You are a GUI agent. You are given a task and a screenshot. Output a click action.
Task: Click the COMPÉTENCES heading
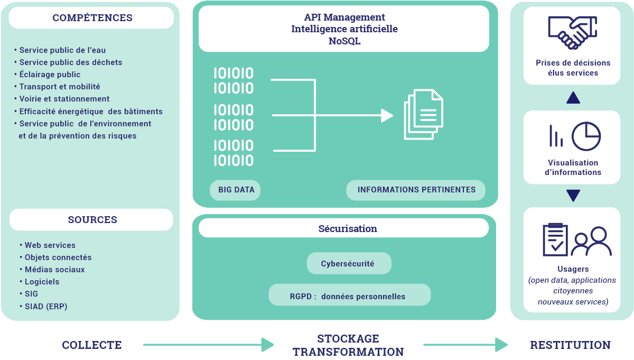[92, 18]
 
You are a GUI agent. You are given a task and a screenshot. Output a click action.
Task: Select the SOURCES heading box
[92, 220]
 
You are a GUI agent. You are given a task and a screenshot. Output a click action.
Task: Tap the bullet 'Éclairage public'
[50, 75]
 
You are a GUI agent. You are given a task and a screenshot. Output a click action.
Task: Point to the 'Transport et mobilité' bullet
[60, 87]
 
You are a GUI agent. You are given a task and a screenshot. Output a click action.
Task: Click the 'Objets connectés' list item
[58, 257]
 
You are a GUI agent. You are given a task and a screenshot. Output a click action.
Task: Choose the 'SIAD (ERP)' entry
[46, 307]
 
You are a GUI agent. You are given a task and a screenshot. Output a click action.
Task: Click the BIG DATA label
[236, 190]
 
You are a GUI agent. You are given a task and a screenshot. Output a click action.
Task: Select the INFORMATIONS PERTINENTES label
[416, 190]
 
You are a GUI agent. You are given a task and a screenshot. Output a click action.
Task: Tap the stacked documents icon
[423, 114]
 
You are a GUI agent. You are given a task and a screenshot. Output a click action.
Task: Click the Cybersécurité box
[348, 263]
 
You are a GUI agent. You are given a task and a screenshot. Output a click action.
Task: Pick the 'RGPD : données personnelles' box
[349, 296]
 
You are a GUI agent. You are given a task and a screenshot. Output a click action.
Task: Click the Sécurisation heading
[348, 229]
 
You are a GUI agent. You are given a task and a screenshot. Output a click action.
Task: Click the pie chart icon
[586, 136]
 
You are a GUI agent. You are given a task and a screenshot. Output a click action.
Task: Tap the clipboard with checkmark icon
[555, 239]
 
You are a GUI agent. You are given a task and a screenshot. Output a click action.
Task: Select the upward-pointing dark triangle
[573, 98]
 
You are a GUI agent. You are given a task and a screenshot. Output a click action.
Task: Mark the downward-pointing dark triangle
[573, 196]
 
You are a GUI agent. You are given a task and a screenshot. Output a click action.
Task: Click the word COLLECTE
[92, 345]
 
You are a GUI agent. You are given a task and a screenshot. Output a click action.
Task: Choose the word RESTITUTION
[570, 345]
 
